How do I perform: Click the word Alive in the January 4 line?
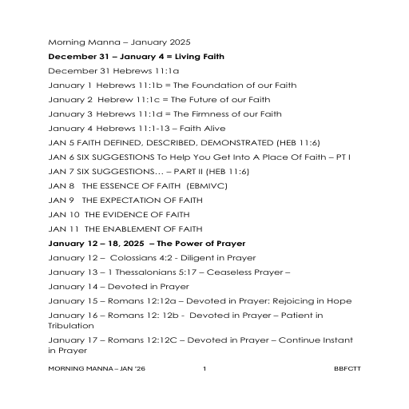(x=209, y=129)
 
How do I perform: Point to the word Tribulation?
(x=71, y=326)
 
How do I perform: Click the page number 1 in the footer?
(x=204, y=368)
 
